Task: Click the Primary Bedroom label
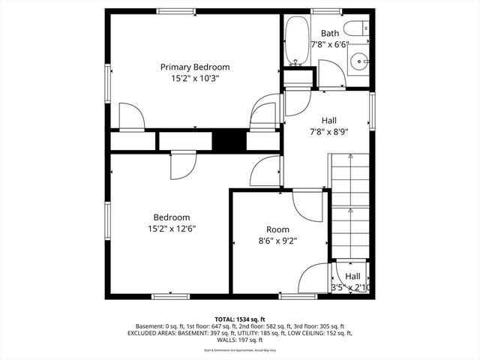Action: point(195,67)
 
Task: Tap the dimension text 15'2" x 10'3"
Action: point(195,77)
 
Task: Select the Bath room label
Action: point(330,33)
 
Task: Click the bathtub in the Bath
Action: point(295,42)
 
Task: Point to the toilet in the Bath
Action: point(361,28)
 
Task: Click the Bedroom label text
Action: point(172,217)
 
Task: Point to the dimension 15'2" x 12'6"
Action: point(172,228)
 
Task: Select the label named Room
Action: point(277,229)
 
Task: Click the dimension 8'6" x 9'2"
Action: point(277,241)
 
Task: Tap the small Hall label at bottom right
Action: point(352,276)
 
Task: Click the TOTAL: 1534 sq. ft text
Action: point(239,319)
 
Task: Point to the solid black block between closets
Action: point(229,140)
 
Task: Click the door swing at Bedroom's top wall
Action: point(181,166)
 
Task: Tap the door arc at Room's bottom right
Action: point(313,279)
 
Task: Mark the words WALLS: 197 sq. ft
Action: point(239,340)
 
